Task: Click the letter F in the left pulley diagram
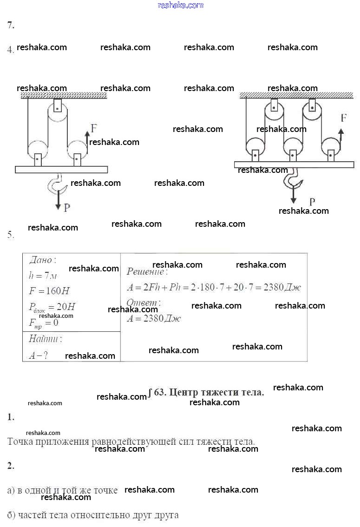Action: coord(94,128)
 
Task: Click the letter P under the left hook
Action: coord(67,207)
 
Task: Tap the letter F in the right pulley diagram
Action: coord(343,118)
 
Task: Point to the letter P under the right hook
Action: coord(312,202)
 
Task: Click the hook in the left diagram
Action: coord(57,184)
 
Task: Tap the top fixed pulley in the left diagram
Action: coord(57,112)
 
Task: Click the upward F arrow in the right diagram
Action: coord(340,138)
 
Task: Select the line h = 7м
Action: coord(43,276)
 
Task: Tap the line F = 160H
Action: coord(49,291)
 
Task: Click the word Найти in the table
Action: coord(45,339)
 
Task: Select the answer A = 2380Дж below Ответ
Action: coord(154,318)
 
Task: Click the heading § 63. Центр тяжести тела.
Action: coord(206,392)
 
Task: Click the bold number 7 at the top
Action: coord(11,26)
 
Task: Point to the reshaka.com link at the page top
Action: coord(180,5)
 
